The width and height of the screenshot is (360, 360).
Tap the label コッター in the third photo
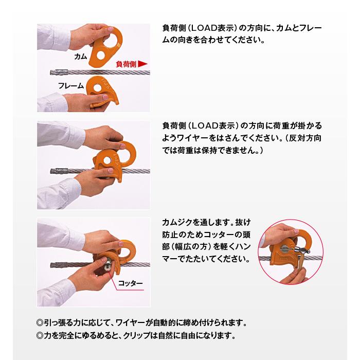point(131,283)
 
